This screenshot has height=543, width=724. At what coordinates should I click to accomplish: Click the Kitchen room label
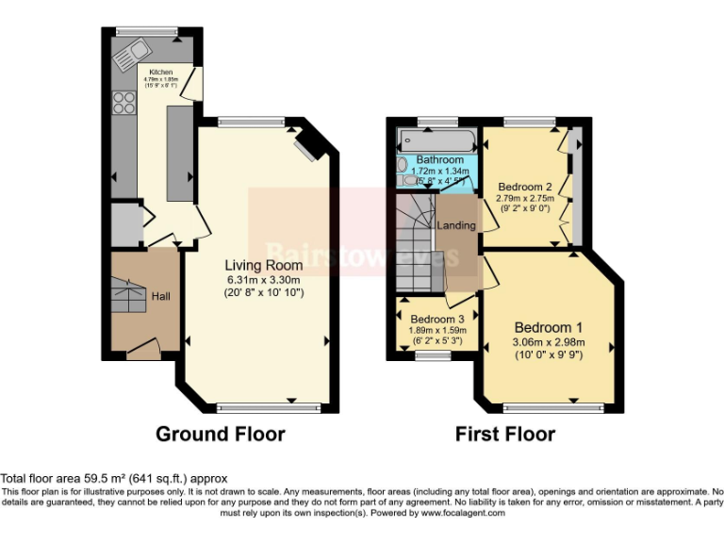(160, 71)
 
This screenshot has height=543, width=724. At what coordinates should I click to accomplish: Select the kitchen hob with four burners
(123, 102)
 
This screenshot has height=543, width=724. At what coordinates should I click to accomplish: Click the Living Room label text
(256, 265)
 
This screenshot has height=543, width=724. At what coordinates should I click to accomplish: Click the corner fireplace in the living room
(307, 145)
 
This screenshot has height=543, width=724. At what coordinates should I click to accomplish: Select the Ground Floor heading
(220, 434)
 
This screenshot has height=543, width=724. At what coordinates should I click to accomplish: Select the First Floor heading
(504, 434)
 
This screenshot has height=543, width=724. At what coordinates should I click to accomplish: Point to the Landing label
(456, 225)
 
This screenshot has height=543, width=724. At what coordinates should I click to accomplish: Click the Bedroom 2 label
(525, 186)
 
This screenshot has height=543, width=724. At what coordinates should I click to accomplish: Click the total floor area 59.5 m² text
(113, 479)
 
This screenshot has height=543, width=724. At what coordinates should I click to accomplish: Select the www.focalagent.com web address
(463, 514)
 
